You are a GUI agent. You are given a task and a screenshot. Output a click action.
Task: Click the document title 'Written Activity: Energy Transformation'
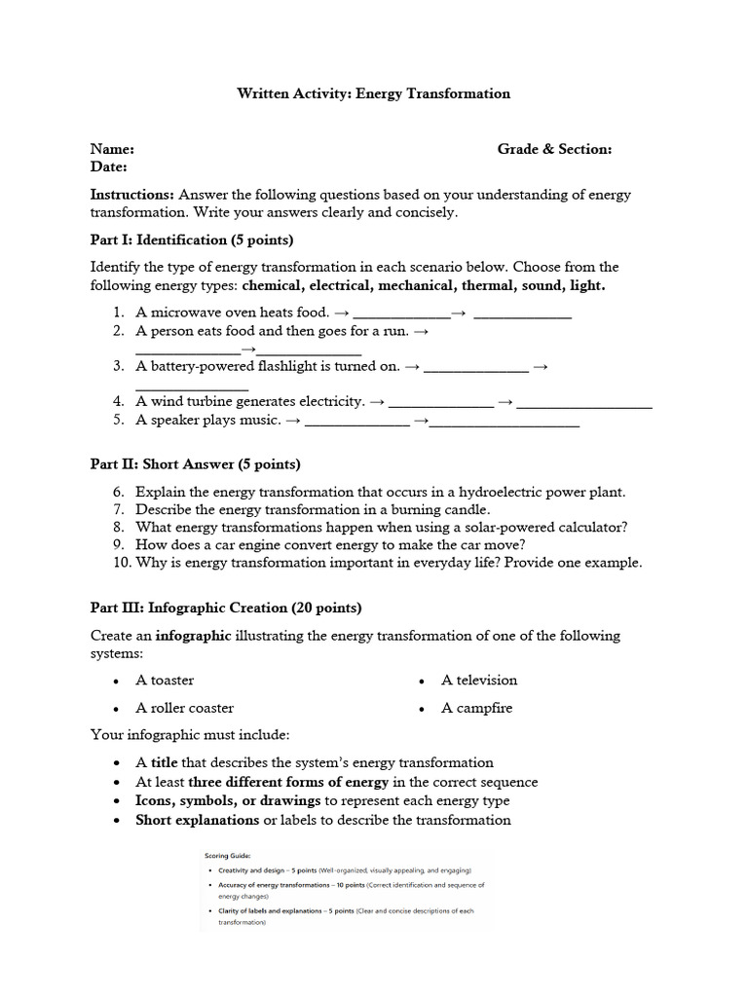click(374, 93)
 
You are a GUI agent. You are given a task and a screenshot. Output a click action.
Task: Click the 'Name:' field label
click(112, 149)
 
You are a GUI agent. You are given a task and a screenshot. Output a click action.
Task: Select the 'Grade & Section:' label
click(554, 149)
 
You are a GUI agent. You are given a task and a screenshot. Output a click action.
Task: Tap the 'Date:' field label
click(109, 167)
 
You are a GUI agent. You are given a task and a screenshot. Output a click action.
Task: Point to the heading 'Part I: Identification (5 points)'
click(192, 240)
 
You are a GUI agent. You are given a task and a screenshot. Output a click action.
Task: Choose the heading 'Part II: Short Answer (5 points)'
click(195, 464)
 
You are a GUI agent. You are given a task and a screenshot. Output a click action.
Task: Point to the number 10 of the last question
click(121, 563)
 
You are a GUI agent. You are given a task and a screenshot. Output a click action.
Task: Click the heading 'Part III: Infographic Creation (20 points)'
click(226, 608)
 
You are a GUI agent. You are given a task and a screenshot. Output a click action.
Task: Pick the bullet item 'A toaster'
click(165, 681)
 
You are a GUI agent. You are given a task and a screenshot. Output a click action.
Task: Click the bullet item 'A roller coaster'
click(184, 708)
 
